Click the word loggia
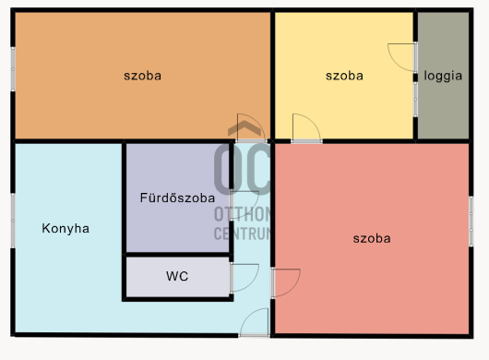coord(443,77)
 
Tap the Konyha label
coord(66,228)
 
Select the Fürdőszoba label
coord(177,198)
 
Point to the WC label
coord(177,276)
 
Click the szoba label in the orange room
coord(142,76)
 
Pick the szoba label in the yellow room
coord(344,76)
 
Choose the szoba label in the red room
coord(372,239)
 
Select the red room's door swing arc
coord(294,287)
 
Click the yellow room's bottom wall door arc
coord(315,122)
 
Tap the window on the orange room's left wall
coord(13,69)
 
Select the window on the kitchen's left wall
coord(13,221)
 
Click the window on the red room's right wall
coord(471,222)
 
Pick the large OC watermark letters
coord(243,168)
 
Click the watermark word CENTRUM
coord(243,234)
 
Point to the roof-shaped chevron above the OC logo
coord(244,127)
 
